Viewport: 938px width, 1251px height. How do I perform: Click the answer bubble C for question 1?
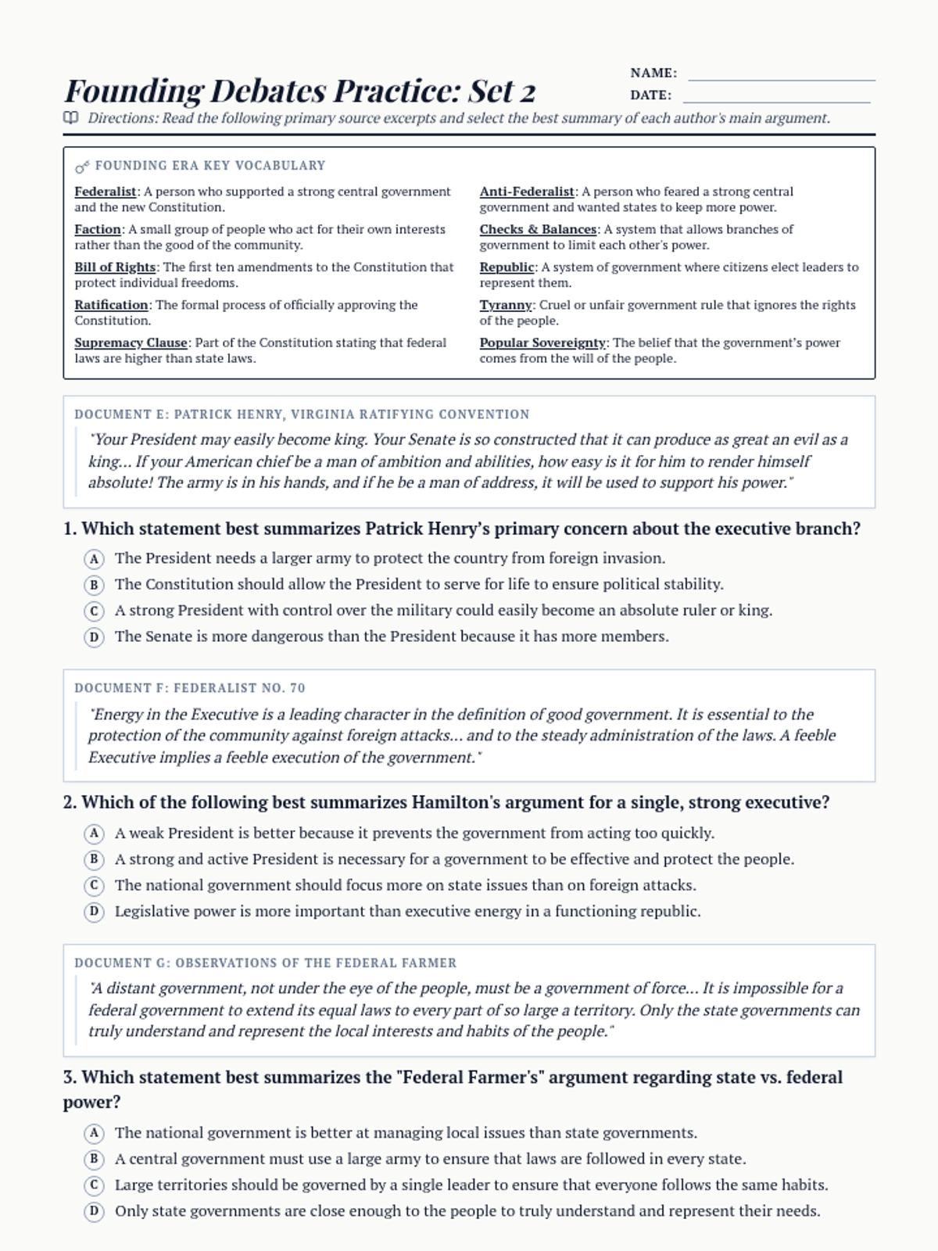click(x=94, y=611)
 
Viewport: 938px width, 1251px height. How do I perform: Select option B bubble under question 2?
click(x=94, y=859)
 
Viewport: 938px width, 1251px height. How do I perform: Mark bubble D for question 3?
click(x=94, y=1211)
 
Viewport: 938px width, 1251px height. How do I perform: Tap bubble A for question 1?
click(x=94, y=559)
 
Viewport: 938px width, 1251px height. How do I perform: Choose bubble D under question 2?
click(x=94, y=912)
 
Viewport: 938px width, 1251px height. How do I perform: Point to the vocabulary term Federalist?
click(x=106, y=192)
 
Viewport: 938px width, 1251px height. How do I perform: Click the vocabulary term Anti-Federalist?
click(x=527, y=192)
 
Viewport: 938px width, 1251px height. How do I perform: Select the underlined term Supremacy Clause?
click(x=131, y=342)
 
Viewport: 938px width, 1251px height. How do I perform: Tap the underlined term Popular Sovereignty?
click(x=542, y=342)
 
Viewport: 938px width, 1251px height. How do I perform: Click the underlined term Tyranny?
click(x=506, y=305)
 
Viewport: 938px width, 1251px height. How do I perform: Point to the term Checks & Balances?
click(x=538, y=229)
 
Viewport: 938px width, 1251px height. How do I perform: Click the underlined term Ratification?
click(x=111, y=305)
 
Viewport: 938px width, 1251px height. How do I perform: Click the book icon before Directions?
click(x=71, y=118)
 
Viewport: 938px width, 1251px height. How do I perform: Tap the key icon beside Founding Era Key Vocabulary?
click(x=81, y=167)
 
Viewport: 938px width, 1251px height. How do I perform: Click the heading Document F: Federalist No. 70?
click(x=190, y=688)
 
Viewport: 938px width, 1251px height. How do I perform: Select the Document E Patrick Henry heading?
click(x=302, y=414)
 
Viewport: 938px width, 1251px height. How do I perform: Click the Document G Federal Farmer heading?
click(x=265, y=962)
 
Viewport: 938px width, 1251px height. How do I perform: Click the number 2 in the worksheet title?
click(x=527, y=92)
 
